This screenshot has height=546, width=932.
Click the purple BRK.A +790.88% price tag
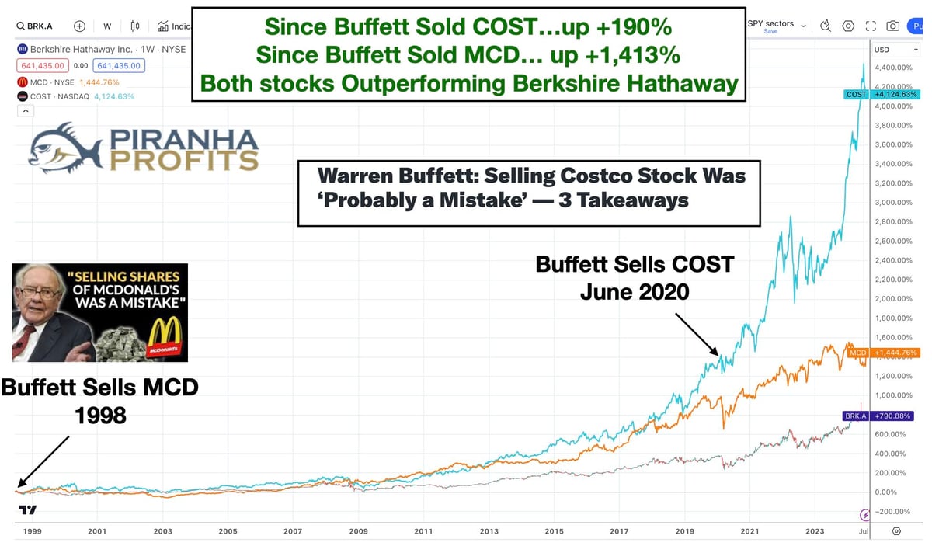tap(879, 416)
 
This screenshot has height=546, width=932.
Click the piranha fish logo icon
tap(67, 147)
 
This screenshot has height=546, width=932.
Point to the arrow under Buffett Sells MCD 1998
tap(43, 462)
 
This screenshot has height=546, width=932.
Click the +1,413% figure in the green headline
tap(641, 55)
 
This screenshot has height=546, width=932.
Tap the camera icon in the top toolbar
tap(893, 26)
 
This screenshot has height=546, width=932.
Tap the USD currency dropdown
tap(885, 50)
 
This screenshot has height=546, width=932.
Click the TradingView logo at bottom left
tap(27, 510)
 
